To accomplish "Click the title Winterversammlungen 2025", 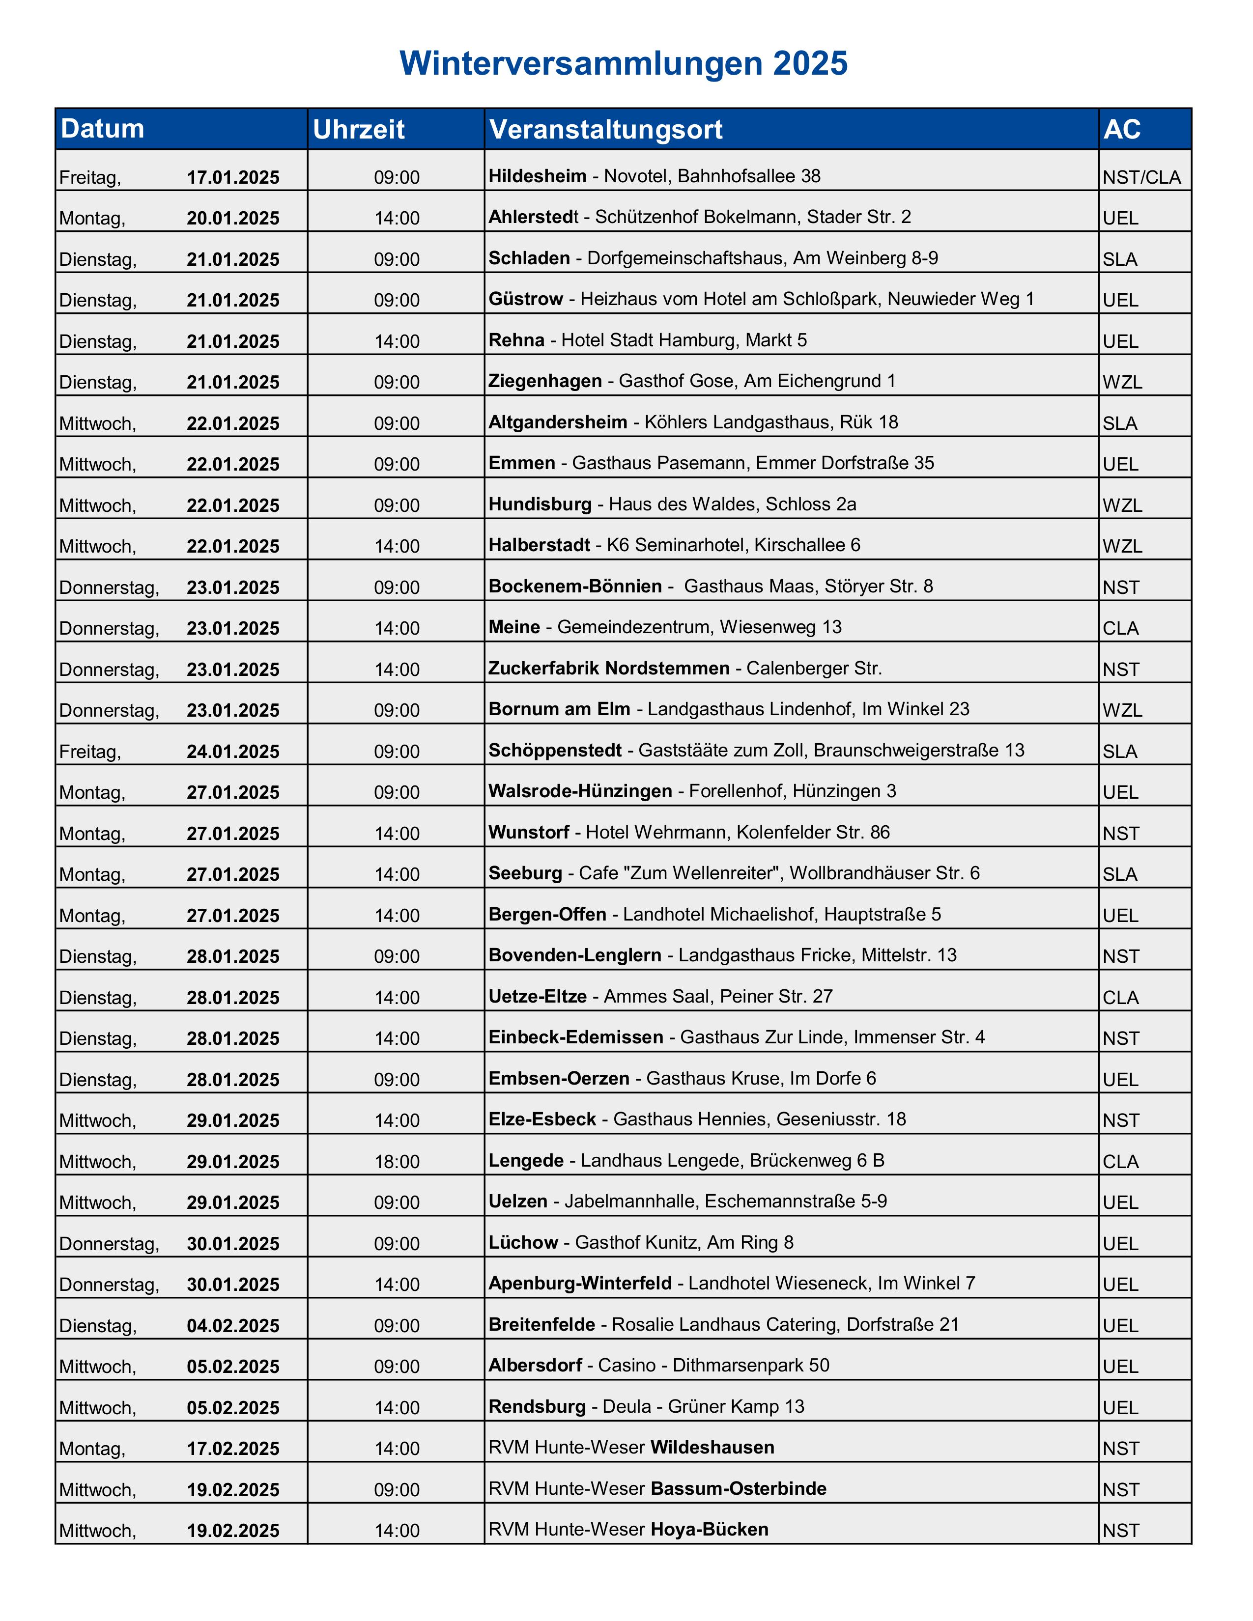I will (x=624, y=64).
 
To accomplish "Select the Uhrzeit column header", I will (x=359, y=129).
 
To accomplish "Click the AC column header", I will (x=1122, y=129).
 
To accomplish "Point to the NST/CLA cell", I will (x=1141, y=177).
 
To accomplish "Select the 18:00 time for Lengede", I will (x=397, y=1162).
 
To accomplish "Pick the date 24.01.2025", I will (x=233, y=752).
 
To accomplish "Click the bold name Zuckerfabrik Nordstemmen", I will (x=609, y=668).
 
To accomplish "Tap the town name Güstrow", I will (x=526, y=299).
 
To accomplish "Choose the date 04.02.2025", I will (x=233, y=1326).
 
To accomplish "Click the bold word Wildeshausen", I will (x=712, y=1447).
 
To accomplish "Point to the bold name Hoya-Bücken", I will (x=709, y=1529).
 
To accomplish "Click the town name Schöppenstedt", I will (x=554, y=751).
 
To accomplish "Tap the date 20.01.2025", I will (x=233, y=218).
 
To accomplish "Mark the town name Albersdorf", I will (x=535, y=1365).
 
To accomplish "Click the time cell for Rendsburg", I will (x=397, y=1407).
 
